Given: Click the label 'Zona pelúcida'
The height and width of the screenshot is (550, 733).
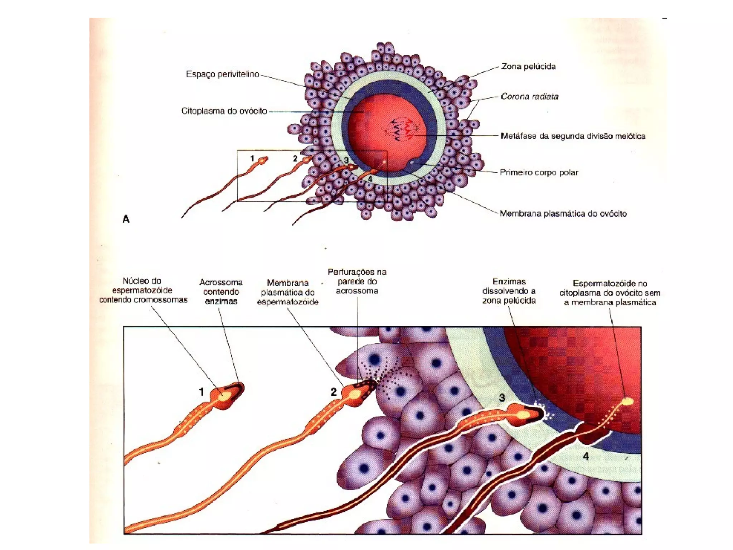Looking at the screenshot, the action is (528, 67).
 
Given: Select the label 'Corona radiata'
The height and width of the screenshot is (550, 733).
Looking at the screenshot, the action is (529, 96).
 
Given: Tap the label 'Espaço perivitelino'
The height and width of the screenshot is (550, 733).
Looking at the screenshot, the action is (222, 74).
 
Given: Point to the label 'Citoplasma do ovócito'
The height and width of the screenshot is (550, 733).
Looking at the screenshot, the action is (224, 111).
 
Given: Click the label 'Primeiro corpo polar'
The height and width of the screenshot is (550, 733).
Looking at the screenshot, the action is (539, 173).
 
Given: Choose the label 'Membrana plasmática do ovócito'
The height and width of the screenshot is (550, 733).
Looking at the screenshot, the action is (563, 214).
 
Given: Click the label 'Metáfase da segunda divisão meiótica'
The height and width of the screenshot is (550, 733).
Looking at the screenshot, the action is (573, 136).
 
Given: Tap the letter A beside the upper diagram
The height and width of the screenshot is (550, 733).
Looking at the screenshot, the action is (126, 219).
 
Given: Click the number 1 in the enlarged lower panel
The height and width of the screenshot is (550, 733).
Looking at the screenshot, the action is (202, 392).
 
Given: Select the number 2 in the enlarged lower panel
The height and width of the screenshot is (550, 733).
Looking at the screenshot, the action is (334, 392).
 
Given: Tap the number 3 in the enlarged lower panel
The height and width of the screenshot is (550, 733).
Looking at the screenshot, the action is (502, 398).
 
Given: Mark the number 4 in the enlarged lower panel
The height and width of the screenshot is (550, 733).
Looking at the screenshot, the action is (586, 456).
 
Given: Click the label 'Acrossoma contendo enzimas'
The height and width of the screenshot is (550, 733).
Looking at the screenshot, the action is (221, 292).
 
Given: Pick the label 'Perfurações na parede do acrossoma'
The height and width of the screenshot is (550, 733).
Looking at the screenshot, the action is (357, 281).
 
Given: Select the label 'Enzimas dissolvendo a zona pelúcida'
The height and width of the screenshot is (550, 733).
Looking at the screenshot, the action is (509, 291).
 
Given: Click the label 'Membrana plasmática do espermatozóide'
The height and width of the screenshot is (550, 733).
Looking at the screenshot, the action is (287, 293).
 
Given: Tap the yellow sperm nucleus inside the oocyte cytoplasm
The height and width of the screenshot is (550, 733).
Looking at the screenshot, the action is (627, 401).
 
